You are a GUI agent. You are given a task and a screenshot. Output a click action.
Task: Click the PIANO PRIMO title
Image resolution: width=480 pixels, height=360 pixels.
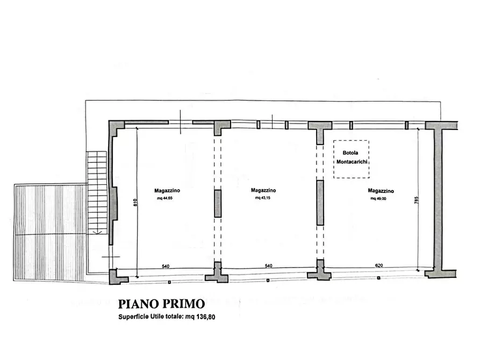click(161, 304)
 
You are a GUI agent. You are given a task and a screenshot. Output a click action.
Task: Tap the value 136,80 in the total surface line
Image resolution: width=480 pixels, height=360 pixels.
click(205, 317)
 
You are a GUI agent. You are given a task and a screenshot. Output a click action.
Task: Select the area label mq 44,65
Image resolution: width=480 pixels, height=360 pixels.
click(164, 198)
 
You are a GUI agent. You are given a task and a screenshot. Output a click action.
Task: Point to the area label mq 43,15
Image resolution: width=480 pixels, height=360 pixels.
click(263, 198)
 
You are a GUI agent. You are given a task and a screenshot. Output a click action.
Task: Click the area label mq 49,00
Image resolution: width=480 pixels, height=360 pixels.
click(378, 198)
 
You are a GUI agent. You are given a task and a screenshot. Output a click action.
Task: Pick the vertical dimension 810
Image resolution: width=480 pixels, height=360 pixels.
click(135, 203)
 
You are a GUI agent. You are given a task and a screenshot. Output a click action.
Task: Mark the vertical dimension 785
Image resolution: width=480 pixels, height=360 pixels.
click(416, 200)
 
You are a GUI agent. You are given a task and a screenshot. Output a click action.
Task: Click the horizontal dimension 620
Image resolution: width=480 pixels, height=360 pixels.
click(379, 265)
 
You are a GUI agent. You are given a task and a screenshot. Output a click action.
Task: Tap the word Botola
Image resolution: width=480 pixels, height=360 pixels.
click(350, 153)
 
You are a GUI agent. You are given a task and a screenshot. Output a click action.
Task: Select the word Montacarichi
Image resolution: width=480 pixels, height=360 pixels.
click(352, 162)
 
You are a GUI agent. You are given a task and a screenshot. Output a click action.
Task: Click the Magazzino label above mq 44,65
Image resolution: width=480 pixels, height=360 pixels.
click(167, 190)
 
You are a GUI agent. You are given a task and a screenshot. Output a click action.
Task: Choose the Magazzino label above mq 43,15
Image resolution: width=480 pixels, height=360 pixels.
click(263, 190)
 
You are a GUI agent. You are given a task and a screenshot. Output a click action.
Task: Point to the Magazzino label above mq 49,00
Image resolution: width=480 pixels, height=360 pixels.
click(381, 191)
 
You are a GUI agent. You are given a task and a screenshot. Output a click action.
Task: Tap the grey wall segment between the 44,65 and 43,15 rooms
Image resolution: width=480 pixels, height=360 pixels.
click(218, 204)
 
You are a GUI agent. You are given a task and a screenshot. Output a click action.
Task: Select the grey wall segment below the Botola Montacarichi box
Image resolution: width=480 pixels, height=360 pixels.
click(320, 203)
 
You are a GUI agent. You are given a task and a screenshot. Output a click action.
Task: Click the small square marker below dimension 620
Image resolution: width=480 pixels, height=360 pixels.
click(378, 278)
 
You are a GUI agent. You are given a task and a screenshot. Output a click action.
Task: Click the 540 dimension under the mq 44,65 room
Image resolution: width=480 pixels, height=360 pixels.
click(166, 267)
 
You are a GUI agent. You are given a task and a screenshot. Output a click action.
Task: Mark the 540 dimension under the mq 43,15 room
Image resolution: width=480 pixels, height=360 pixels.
click(268, 266)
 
